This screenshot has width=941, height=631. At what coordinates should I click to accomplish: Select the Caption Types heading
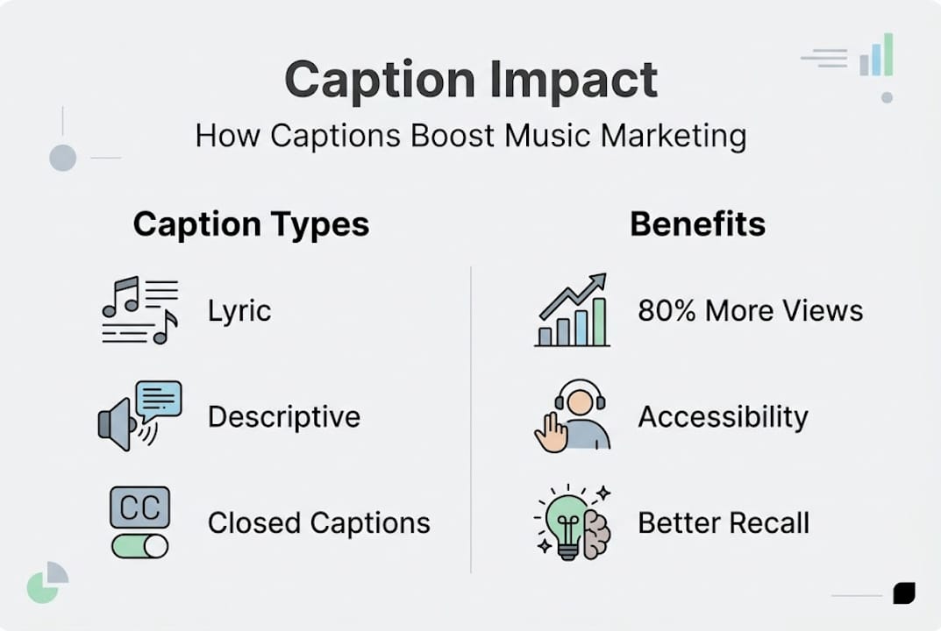(x=251, y=224)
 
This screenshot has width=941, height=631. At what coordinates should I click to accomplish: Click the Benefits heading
(x=697, y=224)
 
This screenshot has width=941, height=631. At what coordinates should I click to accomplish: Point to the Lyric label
(x=239, y=311)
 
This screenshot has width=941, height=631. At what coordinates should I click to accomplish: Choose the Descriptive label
(x=284, y=417)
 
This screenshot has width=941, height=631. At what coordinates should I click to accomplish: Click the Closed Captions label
(x=319, y=523)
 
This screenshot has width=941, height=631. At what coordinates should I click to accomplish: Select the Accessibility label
(x=723, y=417)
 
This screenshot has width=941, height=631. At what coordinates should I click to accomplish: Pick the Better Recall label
(x=724, y=523)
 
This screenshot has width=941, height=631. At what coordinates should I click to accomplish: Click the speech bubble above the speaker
(x=159, y=400)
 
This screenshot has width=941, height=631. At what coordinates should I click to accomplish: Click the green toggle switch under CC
(x=139, y=546)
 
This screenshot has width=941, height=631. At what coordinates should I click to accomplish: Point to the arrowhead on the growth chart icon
(x=598, y=280)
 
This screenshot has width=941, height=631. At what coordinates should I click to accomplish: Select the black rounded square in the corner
(x=903, y=593)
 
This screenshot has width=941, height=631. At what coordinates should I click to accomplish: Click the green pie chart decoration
(x=44, y=585)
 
